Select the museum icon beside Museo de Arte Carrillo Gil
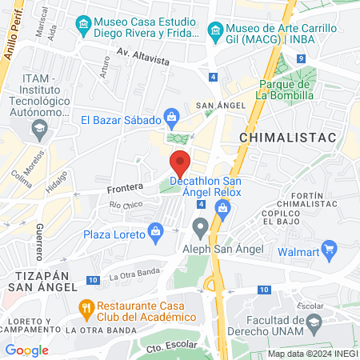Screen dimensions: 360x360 point(214,32)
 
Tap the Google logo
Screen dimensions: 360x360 point(26,350)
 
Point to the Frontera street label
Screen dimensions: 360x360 point(124,188)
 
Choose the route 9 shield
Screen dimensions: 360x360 point(300,58)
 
